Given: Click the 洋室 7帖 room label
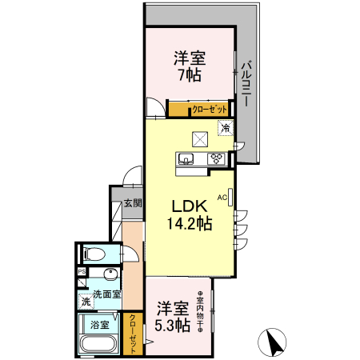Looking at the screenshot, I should (190, 66).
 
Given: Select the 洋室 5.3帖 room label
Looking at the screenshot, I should (173, 316).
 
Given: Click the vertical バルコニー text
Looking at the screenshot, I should (247, 83).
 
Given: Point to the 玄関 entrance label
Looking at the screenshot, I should (132, 203).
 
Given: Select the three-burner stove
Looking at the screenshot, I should (216, 158).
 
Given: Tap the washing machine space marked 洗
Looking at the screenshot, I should (85, 302).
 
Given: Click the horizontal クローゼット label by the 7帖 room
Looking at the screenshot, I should (210, 109).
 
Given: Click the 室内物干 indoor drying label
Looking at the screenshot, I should (202, 309).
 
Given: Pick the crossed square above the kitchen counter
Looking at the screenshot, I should (198, 137).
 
